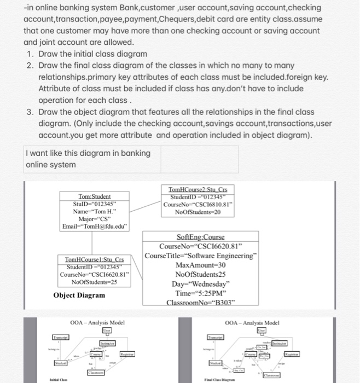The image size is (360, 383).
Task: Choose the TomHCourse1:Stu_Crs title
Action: click(95, 259)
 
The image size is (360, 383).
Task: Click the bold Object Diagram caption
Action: click(79, 295)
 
